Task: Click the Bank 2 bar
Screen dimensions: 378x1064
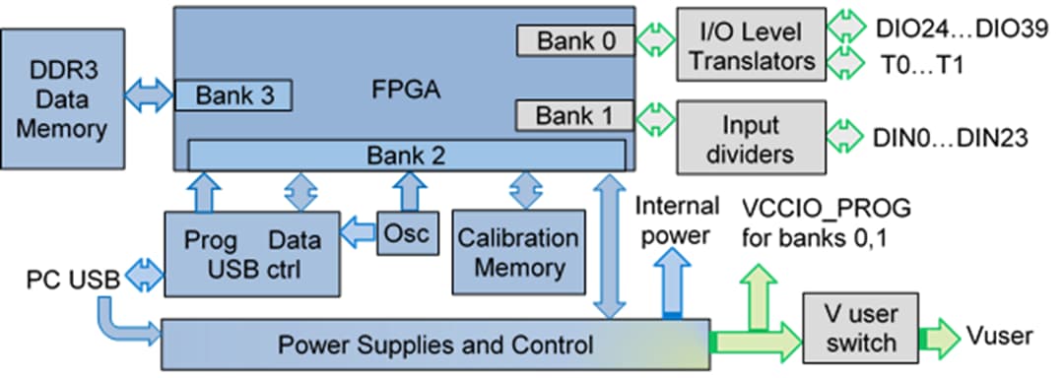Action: point(406,155)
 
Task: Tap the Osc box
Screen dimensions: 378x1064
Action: point(405,232)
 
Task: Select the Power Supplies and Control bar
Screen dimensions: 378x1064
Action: point(433,345)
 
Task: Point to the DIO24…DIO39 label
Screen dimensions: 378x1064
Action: point(962,27)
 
